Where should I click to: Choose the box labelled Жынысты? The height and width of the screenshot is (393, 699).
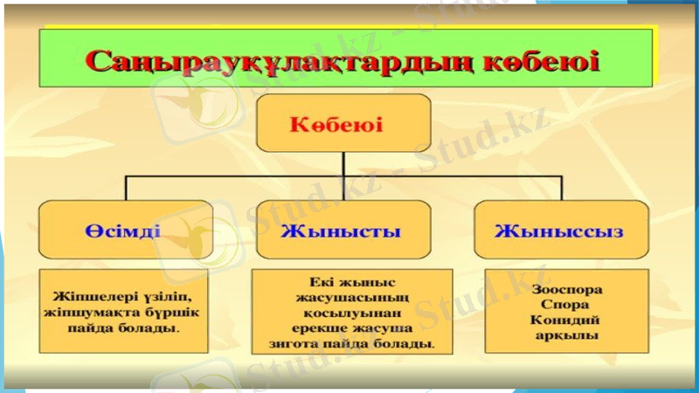(x=343, y=230)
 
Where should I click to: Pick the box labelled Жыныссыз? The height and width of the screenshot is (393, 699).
(x=559, y=230)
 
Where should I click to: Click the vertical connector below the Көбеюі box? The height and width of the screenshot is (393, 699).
(x=343, y=163)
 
